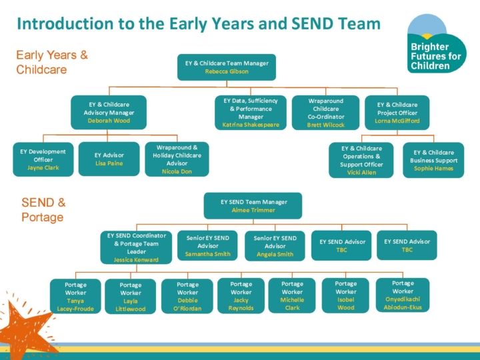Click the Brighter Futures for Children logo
(x=436, y=43)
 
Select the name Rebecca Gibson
(x=227, y=71)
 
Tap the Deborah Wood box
(x=109, y=113)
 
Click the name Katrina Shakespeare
(x=251, y=125)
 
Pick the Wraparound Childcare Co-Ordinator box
(x=325, y=113)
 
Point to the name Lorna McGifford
(x=397, y=121)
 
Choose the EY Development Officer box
(x=43, y=159)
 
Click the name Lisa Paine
(x=109, y=163)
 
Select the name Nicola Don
(x=177, y=171)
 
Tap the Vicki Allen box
(x=361, y=160)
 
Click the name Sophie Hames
(x=433, y=169)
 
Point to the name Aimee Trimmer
(x=253, y=210)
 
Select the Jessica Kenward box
(x=136, y=247)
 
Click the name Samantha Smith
(x=207, y=254)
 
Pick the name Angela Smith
(x=275, y=255)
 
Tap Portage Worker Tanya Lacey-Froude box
(x=75, y=296)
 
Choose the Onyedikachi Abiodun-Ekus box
(x=403, y=295)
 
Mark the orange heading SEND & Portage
(x=43, y=210)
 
